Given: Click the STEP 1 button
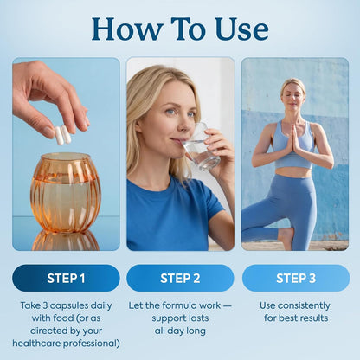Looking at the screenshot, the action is pos(66,278).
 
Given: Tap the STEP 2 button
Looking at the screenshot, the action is pos(180,278).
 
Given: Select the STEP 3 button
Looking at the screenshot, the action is pos(296,278).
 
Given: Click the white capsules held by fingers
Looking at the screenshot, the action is pos(63,135).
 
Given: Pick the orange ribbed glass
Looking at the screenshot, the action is pos(66,193).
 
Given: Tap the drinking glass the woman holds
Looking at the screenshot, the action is pos(201,147).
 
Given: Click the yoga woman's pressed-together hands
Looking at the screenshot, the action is pos(294,138).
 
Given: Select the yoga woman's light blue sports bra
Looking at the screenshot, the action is pos(293,145).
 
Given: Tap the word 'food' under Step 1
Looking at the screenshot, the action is pos(62,318).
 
